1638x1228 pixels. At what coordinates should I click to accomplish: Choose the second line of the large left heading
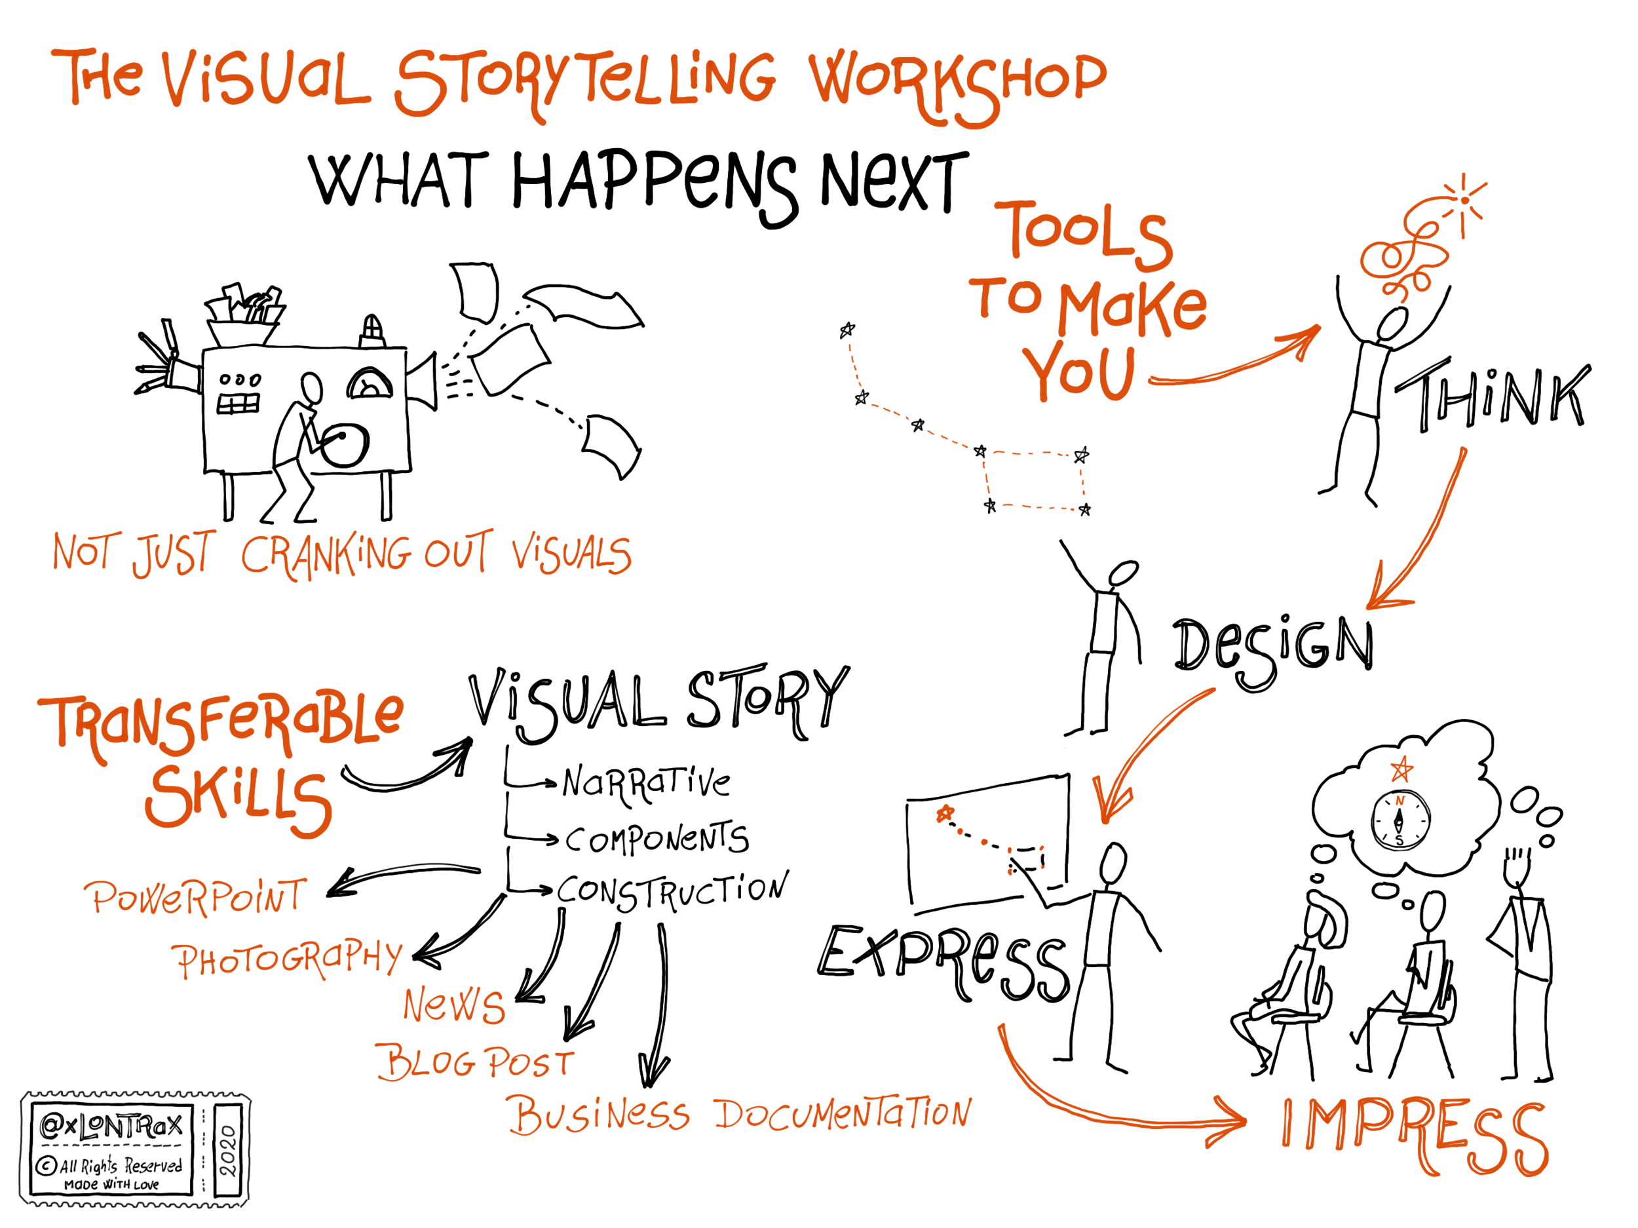[x=237, y=803]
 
